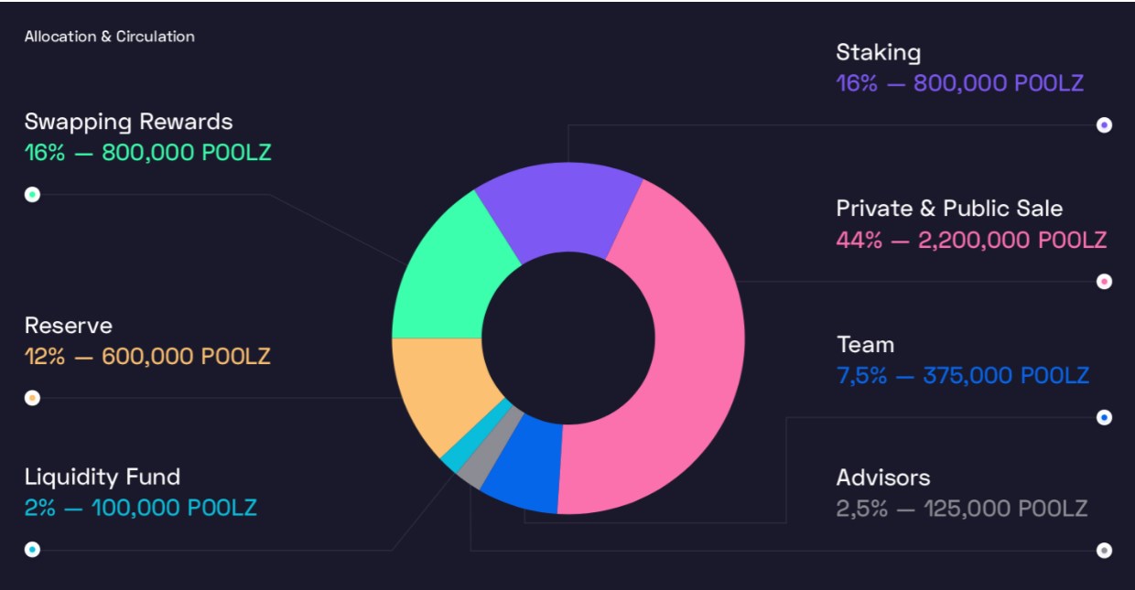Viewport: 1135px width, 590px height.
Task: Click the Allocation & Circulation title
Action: tap(110, 37)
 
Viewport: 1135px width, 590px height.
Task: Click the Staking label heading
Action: tap(878, 53)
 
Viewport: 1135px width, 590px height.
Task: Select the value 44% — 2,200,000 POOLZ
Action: tap(971, 241)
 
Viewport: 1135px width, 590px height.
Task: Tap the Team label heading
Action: tap(865, 345)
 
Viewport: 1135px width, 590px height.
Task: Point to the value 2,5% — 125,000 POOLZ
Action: tap(961, 509)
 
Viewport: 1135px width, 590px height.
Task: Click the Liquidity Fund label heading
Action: tap(103, 477)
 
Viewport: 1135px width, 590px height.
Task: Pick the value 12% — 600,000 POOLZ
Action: tap(147, 356)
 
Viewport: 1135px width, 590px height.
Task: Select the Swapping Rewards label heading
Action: tap(129, 122)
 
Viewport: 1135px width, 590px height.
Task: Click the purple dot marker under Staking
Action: tap(1104, 125)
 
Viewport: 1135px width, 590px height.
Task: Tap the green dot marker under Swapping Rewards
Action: tap(32, 195)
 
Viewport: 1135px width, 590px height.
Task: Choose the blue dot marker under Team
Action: tap(1104, 417)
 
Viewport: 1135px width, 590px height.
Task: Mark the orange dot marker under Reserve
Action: tap(32, 398)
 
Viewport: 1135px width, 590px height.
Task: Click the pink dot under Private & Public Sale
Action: tap(1104, 282)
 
